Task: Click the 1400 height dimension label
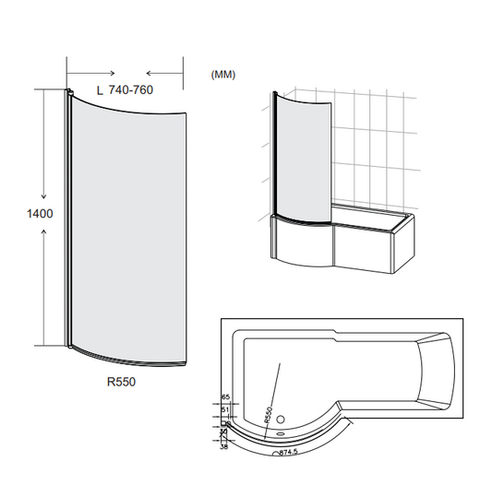click(41, 213)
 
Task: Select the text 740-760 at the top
click(130, 89)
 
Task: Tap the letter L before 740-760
click(100, 89)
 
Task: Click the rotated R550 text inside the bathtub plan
click(270, 412)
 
